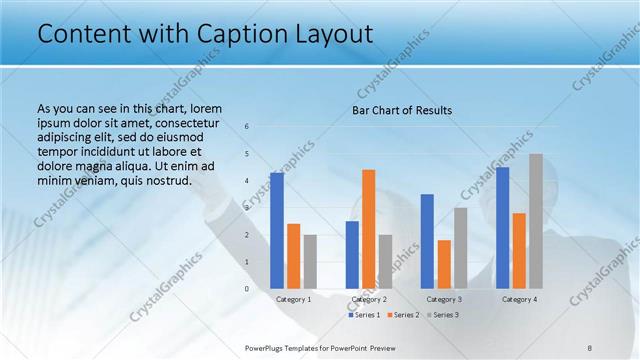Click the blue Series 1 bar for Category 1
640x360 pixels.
[276, 231]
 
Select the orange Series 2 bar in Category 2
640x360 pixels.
[368, 229]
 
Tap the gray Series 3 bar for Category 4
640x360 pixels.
[535, 221]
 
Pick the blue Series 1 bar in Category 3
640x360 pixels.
[427, 241]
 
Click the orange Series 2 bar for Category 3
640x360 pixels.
[444, 264]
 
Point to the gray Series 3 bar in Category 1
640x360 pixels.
[310, 262]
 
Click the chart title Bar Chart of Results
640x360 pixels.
[401, 110]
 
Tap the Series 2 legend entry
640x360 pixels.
[402, 315]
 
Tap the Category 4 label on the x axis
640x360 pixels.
[519, 299]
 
